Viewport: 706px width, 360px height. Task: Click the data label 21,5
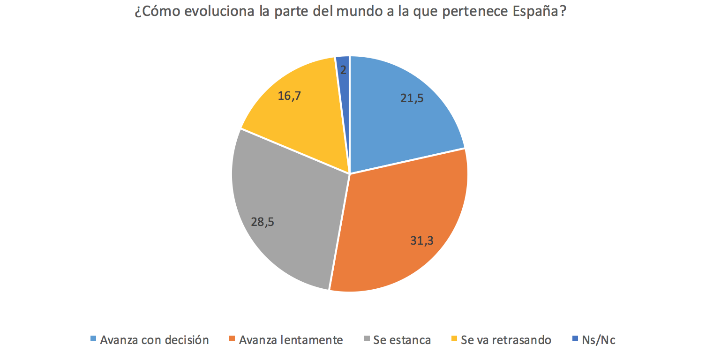click(x=413, y=99)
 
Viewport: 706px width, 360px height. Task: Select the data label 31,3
click(x=422, y=241)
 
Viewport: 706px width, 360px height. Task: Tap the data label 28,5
click(x=263, y=221)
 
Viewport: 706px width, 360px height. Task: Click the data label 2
click(x=343, y=70)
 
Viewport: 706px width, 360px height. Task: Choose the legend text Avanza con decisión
click(x=154, y=340)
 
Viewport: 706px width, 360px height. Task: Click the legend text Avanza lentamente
click(x=291, y=340)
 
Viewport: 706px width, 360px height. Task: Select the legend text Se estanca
click(x=402, y=340)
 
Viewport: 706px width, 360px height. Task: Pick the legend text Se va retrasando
click(x=506, y=340)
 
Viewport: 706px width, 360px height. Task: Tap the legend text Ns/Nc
click(x=599, y=340)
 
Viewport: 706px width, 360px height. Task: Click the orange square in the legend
click(x=233, y=339)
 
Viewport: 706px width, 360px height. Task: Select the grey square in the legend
click(x=367, y=339)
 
